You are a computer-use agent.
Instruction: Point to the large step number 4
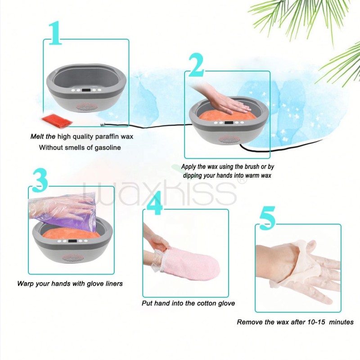[154, 205]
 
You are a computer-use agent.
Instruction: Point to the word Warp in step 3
[26, 283]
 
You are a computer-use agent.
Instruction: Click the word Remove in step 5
[249, 322]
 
